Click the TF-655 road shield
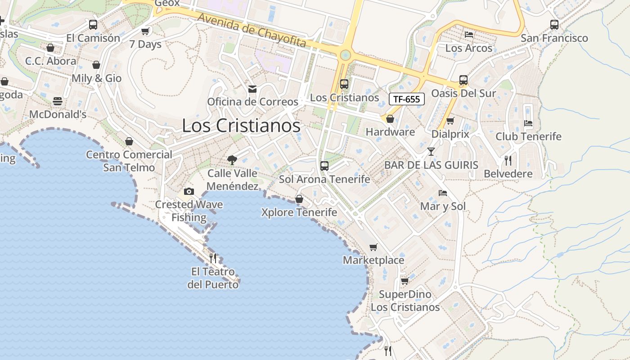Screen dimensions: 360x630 406,99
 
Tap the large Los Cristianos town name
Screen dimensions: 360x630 241,126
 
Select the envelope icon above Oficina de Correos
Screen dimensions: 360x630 252,89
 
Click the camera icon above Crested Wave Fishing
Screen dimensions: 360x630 189,191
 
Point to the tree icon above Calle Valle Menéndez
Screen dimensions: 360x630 232,159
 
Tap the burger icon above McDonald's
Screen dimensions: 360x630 58,101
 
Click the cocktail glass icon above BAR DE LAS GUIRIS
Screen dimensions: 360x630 431,151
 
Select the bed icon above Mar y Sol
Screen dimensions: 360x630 443,193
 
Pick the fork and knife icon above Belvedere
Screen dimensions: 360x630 508,160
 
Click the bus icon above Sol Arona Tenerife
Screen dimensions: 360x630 324,166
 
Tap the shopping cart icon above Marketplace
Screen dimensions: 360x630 373,247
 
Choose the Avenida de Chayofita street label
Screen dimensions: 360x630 252,31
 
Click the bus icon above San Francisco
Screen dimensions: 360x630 554,25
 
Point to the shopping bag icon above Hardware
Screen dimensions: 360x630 390,119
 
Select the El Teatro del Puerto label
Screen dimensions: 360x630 213,278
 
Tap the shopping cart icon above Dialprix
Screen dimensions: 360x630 450,121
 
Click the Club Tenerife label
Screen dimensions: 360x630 528,136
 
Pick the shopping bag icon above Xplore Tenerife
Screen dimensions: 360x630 299,198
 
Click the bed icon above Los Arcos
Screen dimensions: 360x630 469,34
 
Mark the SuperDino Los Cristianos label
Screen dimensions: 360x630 405,301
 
